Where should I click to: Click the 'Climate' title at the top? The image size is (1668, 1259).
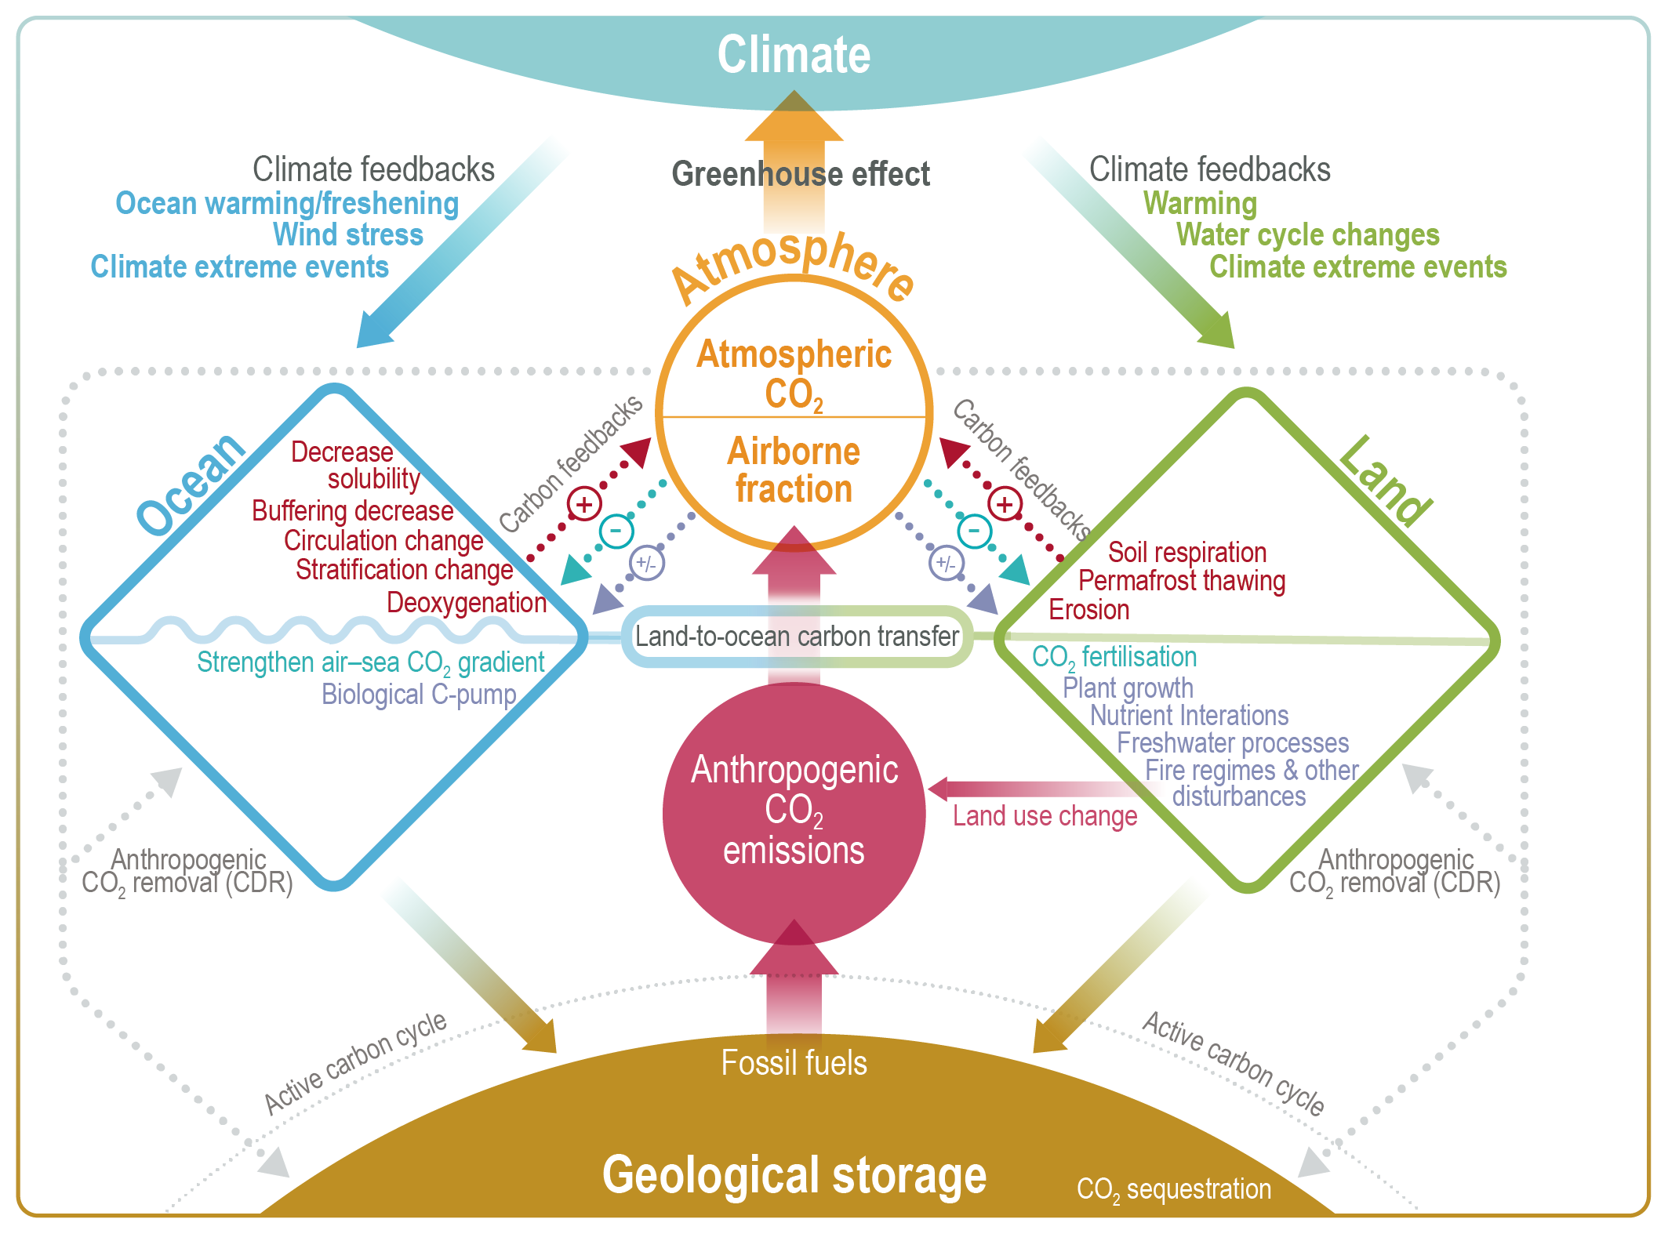[794, 55]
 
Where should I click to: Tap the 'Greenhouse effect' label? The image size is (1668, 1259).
[801, 174]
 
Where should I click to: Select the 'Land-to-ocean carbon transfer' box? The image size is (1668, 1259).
[797, 636]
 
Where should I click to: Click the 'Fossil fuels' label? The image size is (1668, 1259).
[794, 1063]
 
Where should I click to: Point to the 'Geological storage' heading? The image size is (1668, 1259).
[794, 1174]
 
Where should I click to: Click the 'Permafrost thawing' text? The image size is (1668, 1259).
[1181, 581]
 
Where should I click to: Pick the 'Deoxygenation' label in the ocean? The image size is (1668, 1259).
[467, 602]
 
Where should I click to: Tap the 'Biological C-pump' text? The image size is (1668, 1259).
[419, 695]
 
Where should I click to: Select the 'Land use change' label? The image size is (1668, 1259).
[1045, 816]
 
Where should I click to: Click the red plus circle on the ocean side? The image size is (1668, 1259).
[584, 504]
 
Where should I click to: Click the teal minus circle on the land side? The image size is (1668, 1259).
[975, 531]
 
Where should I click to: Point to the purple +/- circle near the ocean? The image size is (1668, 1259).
[647, 563]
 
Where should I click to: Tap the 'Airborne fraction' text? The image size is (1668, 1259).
[794, 470]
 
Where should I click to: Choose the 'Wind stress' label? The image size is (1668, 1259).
[347, 234]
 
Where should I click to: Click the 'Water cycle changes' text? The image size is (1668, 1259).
[1307, 234]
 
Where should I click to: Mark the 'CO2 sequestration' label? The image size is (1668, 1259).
[1173, 1189]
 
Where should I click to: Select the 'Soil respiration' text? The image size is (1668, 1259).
[1186, 552]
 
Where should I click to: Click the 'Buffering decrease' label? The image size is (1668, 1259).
[352, 510]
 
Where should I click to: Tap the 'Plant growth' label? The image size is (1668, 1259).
[1128, 688]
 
